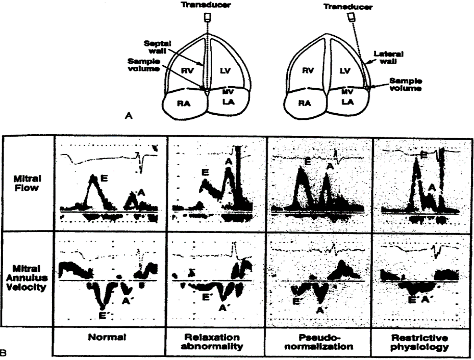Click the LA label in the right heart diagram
pos(347,102)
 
